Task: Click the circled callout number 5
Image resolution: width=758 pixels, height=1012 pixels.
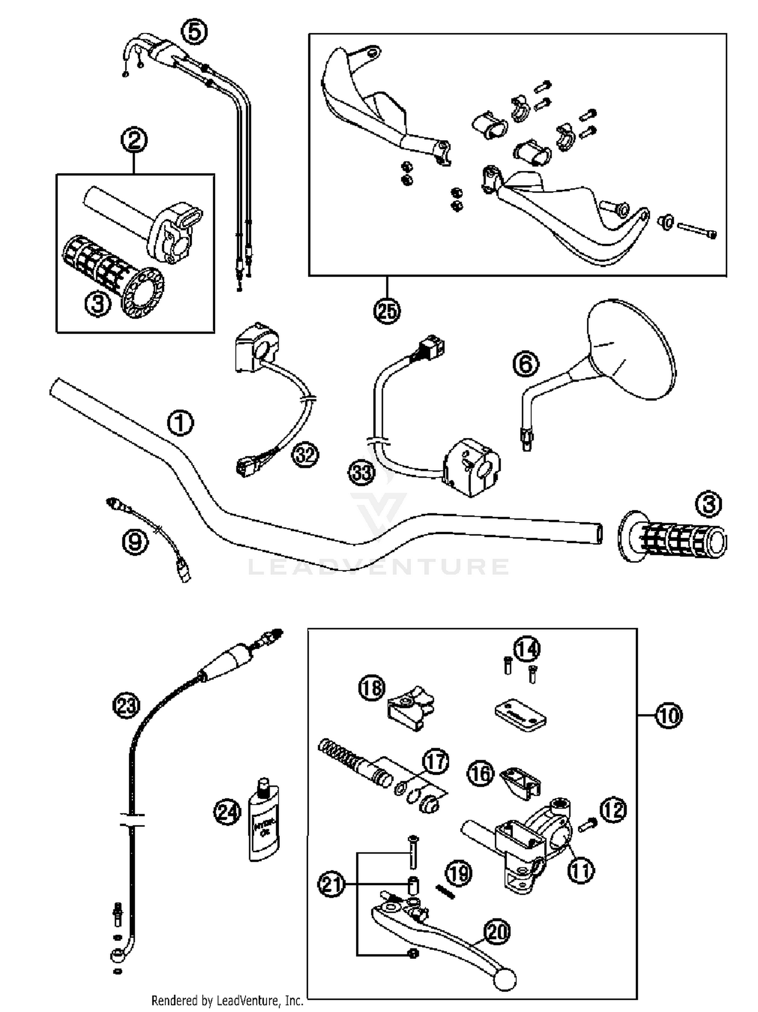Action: tap(194, 32)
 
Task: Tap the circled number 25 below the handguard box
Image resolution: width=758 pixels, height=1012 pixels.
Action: tap(387, 310)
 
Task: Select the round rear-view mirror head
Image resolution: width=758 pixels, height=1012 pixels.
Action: tap(632, 349)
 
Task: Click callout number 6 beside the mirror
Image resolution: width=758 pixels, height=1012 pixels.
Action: tap(526, 364)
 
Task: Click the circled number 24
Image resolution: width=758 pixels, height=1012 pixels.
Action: tap(227, 813)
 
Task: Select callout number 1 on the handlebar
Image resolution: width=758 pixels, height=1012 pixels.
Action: tap(180, 423)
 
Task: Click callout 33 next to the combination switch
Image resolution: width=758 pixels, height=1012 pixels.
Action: tap(362, 473)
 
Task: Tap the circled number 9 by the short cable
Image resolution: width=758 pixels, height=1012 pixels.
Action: tap(135, 542)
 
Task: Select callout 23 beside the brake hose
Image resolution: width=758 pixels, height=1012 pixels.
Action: tap(126, 705)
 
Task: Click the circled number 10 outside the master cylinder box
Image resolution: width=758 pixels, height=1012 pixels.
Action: tap(669, 715)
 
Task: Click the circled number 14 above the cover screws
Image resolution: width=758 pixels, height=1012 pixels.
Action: tap(527, 649)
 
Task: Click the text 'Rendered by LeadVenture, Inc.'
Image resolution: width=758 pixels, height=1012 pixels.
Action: tap(227, 1000)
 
